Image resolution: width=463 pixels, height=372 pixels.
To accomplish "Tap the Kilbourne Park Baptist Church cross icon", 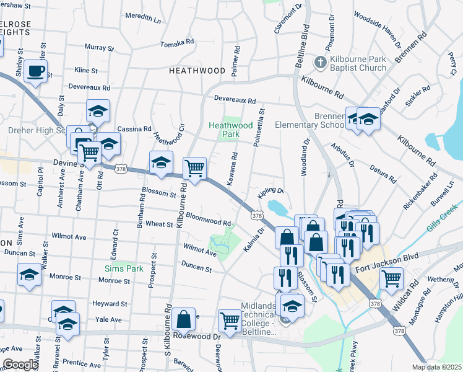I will pyautogui.click(x=320, y=62).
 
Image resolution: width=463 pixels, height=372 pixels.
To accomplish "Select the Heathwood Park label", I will pyautogui.click(x=231, y=129).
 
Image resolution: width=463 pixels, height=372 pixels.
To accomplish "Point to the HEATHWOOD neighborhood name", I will pyautogui.click(x=197, y=71).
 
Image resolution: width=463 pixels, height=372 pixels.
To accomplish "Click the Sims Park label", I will pyautogui.click(x=123, y=268).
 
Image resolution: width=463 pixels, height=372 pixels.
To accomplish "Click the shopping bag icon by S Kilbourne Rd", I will pyautogui.click(x=183, y=320).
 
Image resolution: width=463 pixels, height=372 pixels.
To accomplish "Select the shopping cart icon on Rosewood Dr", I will pyautogui.click(x=230, y=320).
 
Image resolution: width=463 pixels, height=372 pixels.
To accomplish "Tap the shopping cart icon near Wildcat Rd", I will pyautogui.click(x=391, y=278).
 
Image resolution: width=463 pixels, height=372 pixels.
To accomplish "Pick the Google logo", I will pyautogui.click(x=20, y=365).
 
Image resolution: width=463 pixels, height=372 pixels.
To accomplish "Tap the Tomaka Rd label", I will pyautogui.click(x=177, y=43).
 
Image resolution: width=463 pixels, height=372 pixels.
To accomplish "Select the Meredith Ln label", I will pyautogui.click(x=142, y=20).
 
